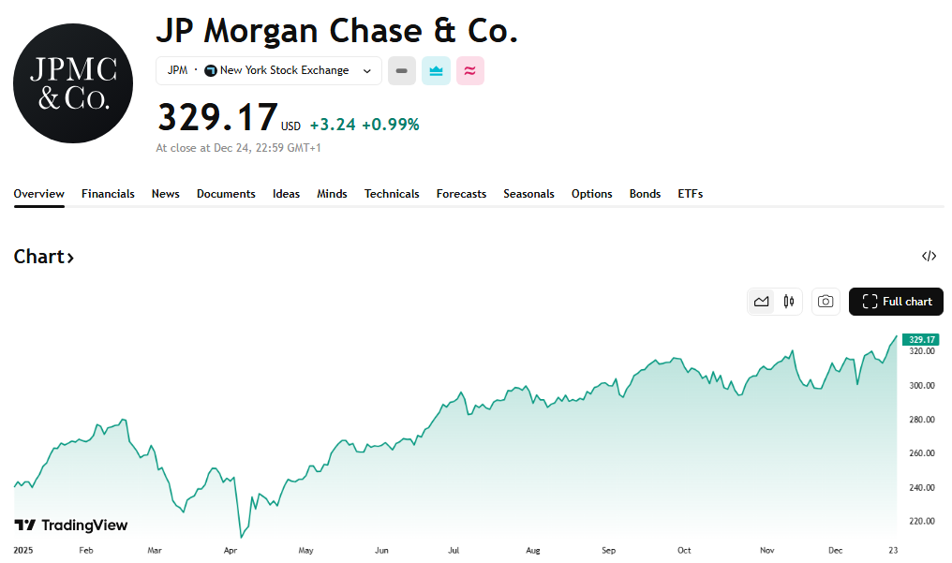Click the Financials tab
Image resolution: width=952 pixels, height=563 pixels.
[x=108, y=194]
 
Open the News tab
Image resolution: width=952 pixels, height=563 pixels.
[x=165, y=194]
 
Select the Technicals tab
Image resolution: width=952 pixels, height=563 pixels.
[x=392, y=194]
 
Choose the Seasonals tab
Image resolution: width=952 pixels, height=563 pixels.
[x=528, y=194]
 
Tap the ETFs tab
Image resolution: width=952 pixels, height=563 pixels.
[x=690, y=194]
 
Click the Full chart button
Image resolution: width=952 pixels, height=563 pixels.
[x=896, y=302]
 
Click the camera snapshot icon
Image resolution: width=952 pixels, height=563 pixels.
[x=826, y=302]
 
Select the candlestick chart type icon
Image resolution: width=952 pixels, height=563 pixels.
[x=788, y=302]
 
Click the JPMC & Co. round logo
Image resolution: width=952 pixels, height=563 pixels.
[x=73, y=83]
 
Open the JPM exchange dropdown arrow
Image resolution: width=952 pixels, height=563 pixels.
[x=367, y=71]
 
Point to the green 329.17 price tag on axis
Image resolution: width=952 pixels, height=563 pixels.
[x=922, y=339]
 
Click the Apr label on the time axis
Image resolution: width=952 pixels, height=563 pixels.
[x=231, y=551]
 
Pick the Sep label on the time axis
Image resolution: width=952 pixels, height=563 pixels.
[x=608, y=551]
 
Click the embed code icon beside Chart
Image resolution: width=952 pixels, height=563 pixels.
[x=929, y=256]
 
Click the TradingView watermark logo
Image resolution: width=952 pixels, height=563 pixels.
[x=71, y=526]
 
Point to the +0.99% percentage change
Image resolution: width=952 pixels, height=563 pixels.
[x=391, y=125]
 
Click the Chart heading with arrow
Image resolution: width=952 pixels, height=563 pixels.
[x=44, y=257]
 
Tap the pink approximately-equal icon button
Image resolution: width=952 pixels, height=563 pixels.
[x=470, y=71]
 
